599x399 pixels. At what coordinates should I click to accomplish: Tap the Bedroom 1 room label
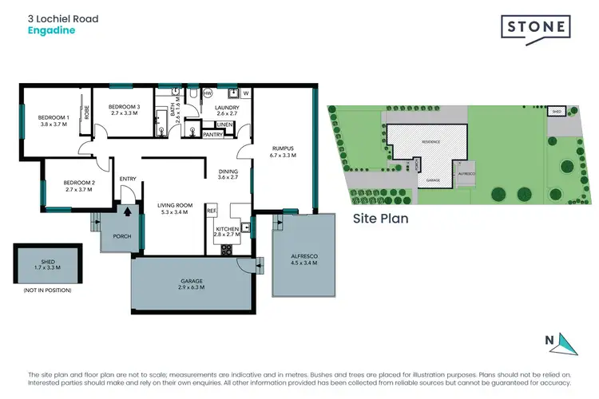[54, 121]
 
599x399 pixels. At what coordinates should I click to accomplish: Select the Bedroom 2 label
[79, 186]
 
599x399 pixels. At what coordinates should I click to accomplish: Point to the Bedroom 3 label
[125, 110]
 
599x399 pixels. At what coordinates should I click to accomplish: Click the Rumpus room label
[283, 152]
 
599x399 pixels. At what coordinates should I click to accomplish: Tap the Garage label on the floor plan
[190, 285]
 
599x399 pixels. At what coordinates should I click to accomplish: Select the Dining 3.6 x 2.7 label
[228, 173]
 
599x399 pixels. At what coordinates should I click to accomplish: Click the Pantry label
[212, 135]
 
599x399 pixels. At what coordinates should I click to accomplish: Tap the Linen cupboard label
[224, 125]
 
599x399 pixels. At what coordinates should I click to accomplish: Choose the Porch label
[122, 236]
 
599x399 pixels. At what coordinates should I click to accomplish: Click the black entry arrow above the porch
[126, 212]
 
